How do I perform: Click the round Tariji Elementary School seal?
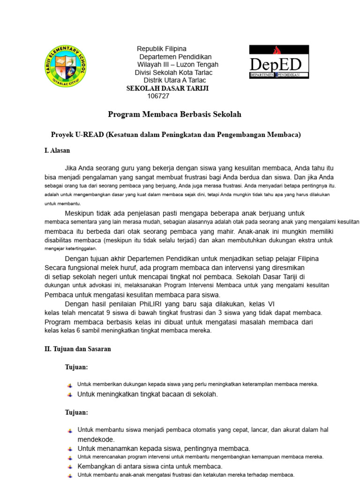pos(66,66)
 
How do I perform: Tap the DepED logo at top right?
pos(278,62)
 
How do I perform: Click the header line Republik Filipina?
pos(161,49)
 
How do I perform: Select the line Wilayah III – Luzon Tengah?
pos(178,64)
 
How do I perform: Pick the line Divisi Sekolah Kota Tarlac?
pos(173,72)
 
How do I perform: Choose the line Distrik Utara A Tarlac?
pos(174,80)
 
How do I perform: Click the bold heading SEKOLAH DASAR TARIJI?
pos(167,88)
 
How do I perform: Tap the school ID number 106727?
pos(158,96)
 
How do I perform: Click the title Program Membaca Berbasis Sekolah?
pos(174,114)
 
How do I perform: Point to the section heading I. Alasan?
pos(57,150)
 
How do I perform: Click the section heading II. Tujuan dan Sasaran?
pos(77,349)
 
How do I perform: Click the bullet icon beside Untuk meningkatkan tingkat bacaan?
pos(69,395)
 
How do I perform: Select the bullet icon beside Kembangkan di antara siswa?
pos(69,467)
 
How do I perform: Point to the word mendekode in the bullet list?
pos(96,439)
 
